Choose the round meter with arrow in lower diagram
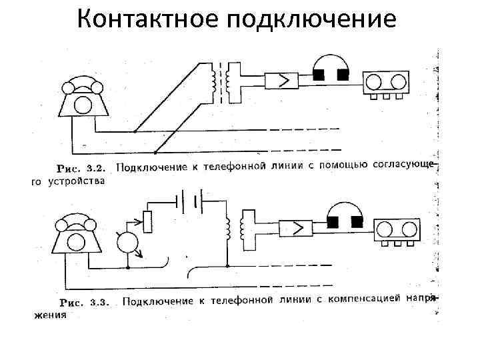coord(129,243)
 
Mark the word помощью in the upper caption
coord(346,165)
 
